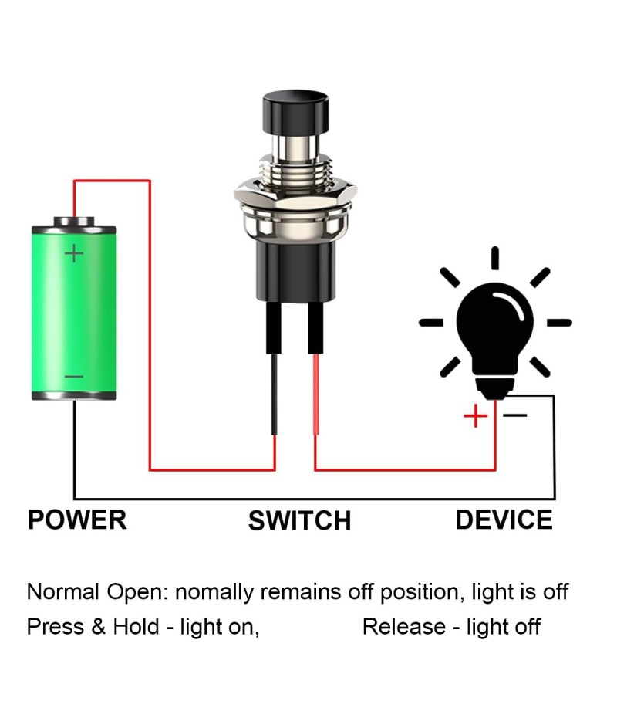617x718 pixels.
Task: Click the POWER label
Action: [77, 520]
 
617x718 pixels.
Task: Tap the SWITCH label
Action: [299, 521]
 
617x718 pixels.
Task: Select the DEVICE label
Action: [504, 520]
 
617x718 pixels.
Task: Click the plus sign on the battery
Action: [74, 252]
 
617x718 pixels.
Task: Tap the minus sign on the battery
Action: [74, 377]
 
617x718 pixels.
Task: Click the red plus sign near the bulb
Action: [475, 416]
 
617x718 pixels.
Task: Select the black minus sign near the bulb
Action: [515, 415]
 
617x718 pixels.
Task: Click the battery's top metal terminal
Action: [74, 222]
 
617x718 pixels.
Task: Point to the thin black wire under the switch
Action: [275, 394]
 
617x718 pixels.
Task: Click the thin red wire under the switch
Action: [315, 394]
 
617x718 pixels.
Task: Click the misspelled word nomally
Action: [214, 593]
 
